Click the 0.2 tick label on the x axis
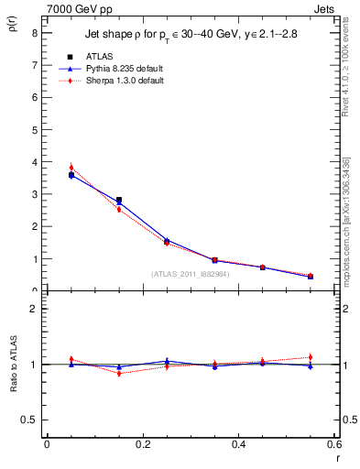[143, 443]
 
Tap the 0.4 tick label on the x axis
[239, 443]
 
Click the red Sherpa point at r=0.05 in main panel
[71, 168]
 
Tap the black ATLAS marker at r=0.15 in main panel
[119, 200]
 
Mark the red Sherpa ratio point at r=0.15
[119, 374]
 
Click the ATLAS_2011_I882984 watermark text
[190, 273]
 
